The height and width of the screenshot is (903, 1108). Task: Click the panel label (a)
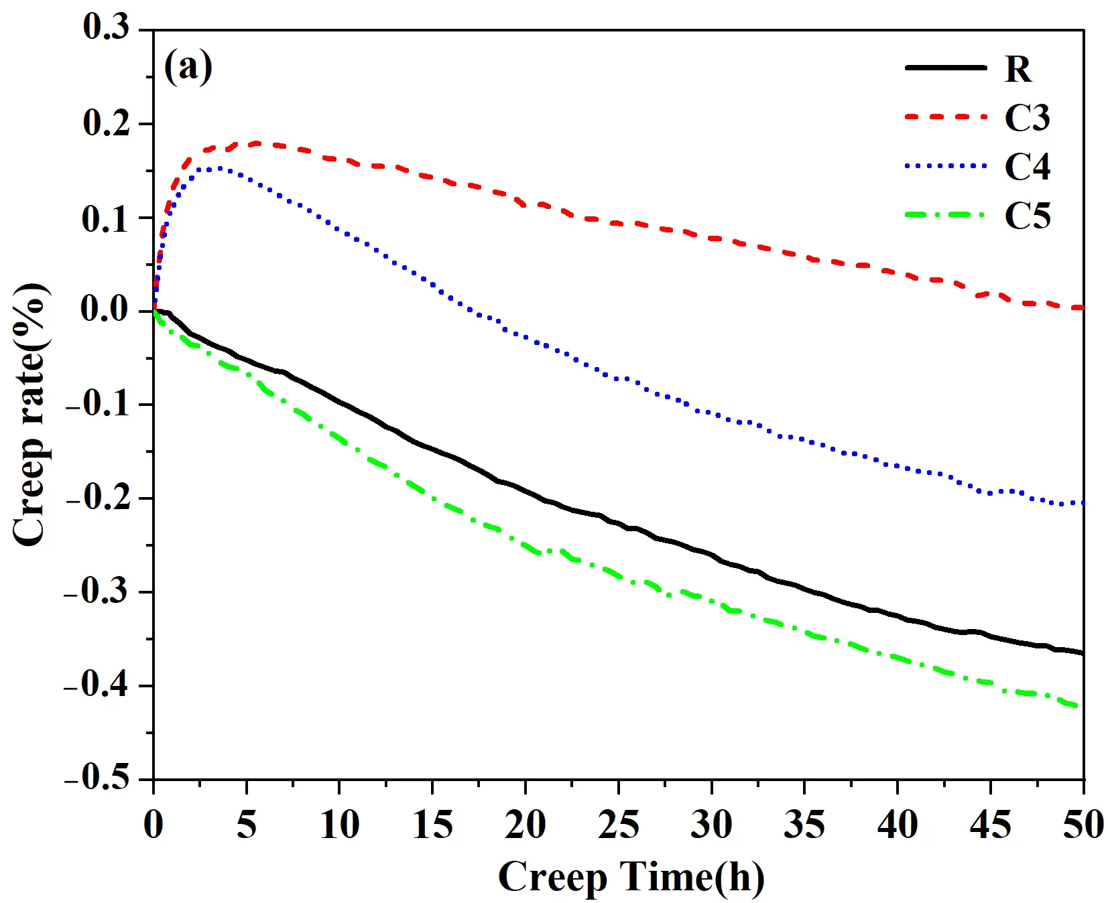(188, 67)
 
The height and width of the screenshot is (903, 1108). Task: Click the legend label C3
(1027, 118)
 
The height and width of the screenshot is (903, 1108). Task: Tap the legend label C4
(1027, 166)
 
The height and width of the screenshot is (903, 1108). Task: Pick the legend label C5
(1027, 216)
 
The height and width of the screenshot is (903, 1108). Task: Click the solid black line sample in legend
(945, 68)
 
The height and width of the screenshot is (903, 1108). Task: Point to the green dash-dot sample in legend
(945, 215)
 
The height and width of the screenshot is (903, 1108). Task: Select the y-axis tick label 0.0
(106, 309)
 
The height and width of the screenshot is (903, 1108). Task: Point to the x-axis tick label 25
(618, 824)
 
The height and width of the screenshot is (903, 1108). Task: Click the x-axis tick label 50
(1082, 824)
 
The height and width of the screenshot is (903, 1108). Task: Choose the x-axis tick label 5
(246, 824)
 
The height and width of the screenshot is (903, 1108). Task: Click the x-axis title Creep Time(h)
(631, 876)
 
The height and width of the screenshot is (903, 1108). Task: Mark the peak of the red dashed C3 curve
(256, 143)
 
